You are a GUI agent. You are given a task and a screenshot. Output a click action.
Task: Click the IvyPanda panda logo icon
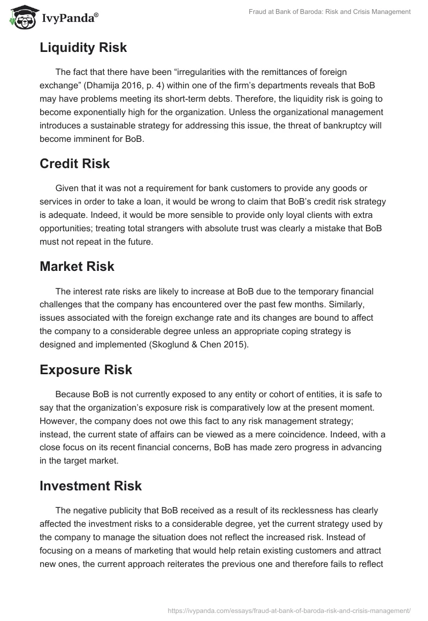point(21,18)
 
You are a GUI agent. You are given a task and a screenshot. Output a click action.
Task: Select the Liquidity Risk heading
point(83,47)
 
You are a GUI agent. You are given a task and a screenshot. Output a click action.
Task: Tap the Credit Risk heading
point(74,164)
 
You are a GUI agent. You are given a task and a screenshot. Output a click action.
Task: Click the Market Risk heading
point(77,267)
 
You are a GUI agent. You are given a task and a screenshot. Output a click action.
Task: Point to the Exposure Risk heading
point(86,369)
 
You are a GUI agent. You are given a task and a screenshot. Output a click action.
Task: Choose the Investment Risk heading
point(90,486)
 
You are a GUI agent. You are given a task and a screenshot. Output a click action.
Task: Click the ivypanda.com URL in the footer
point(289,610)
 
